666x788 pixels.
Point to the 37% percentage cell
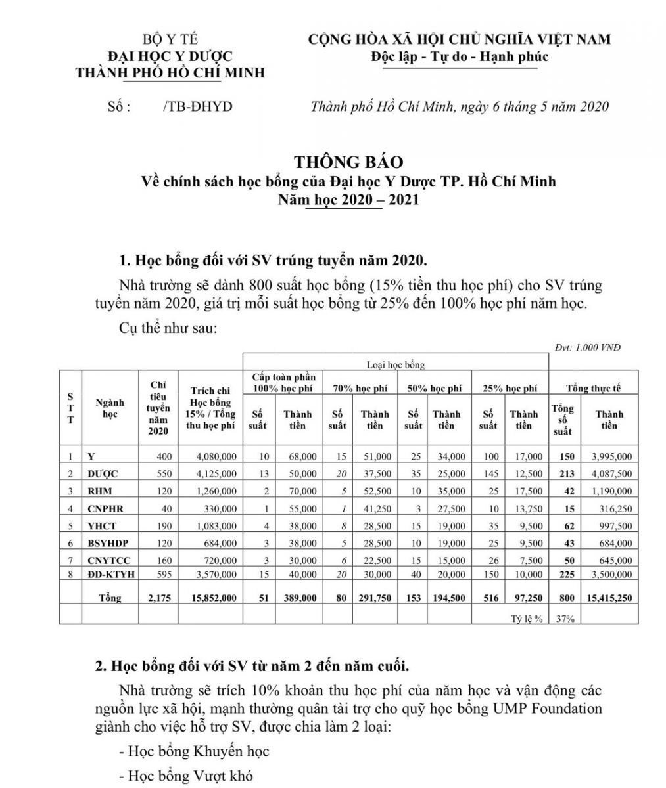(x=563, y=618)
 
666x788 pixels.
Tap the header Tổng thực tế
(x=594, y=389)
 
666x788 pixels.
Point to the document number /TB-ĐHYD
(x=197, y=106)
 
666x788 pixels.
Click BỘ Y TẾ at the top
(x=165, y=40)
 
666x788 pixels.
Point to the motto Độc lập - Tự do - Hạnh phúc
(x=460, y=56)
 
